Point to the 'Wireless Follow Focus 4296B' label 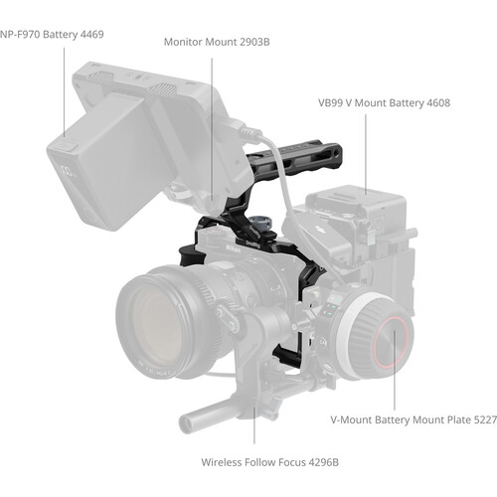[269, 462]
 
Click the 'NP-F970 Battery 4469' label [52, 35]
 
